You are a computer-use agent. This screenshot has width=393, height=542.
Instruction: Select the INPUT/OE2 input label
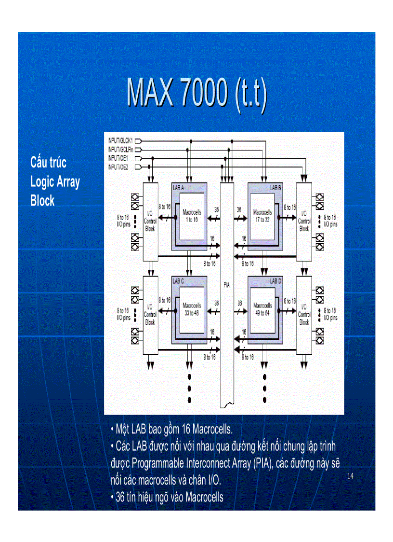click(118, 167)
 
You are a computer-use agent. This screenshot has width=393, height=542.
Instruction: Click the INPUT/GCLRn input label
click(120, 150)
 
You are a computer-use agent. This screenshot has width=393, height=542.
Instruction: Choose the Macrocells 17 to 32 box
click(262, 216)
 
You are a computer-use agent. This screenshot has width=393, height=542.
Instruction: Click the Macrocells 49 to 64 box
click(262, 309)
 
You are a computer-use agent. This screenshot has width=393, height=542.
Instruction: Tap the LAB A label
click(178, 187)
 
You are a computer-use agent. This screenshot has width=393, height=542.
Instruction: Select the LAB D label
click(275, 280)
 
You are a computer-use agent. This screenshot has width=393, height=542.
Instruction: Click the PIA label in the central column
click(226, 285)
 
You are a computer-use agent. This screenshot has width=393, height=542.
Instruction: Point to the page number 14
click(350, 477)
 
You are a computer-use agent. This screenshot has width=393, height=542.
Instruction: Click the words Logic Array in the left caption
click(55, 182)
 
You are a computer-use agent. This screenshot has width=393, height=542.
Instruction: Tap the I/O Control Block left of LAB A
click(150, 221)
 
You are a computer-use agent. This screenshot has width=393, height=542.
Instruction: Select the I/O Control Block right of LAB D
click(304, 314)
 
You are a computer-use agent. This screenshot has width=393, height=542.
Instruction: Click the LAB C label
click(178, 280)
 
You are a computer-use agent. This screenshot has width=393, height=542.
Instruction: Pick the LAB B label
click(275, 187)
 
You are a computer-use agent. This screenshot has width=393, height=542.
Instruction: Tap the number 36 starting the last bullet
click(120, 497)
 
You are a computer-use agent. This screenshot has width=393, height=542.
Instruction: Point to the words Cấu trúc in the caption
click(48, 162)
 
